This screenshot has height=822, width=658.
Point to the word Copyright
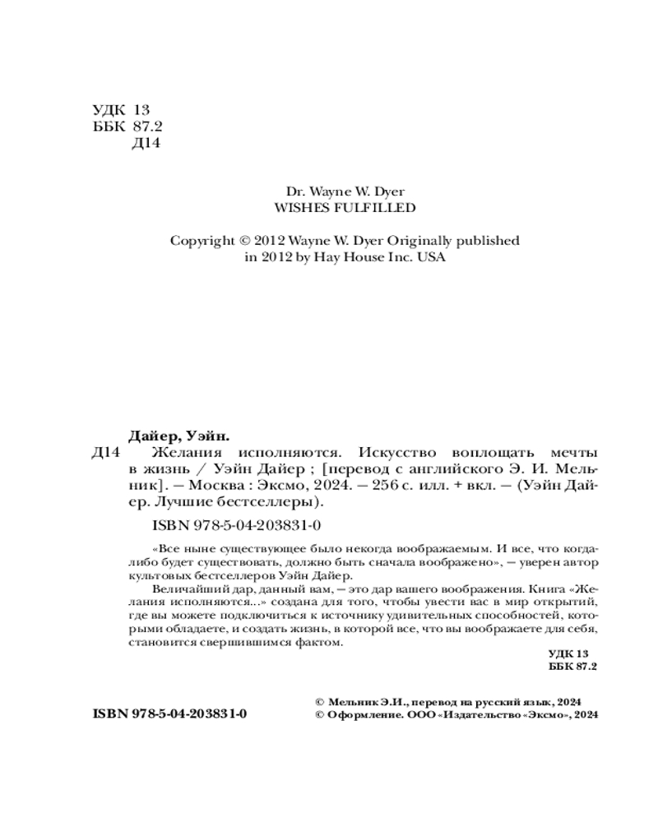[x=202, y=241]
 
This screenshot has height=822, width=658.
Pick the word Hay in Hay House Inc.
[x=322, y=257]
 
